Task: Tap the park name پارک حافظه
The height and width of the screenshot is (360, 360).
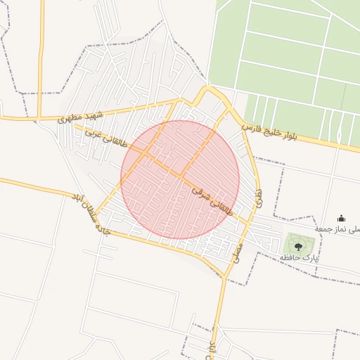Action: [x=300, y=259]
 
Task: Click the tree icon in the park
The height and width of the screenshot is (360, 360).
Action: [x=298, y=246]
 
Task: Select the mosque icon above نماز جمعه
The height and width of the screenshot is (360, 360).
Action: [x=342, y=218]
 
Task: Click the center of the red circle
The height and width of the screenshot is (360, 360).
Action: [x=180, y=179]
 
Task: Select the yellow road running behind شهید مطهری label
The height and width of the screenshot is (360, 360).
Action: [x=105, y=112]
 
